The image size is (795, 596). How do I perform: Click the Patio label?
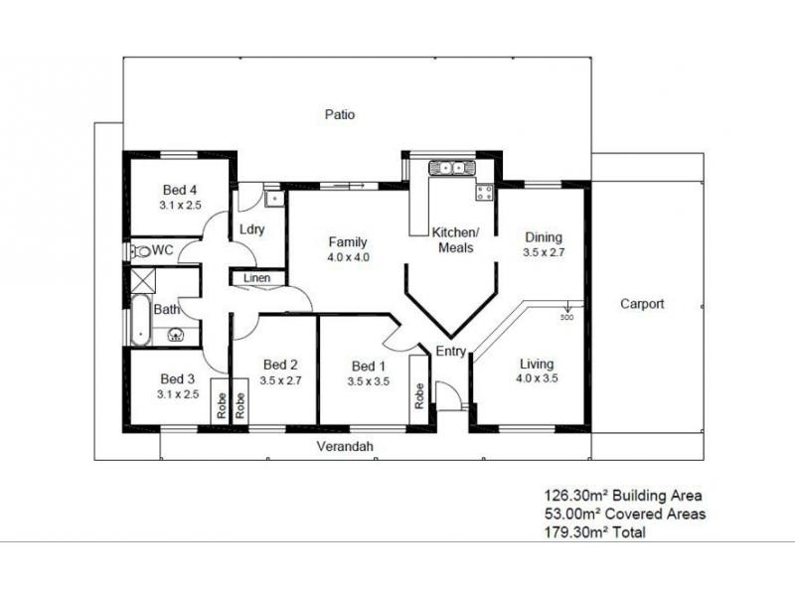[x=340, y=114]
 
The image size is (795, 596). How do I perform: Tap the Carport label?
[x=642, y=304]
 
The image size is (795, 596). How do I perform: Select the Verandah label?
[x=345, y=447]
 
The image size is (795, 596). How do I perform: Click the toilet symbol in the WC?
[x=139, y=251]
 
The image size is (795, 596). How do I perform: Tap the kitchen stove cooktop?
[x=485, y=193]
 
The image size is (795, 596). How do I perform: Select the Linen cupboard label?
[x=256, y=279]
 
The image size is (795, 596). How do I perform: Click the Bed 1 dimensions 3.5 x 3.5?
[x=368, y=380]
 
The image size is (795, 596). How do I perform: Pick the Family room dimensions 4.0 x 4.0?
[x=348, y=257]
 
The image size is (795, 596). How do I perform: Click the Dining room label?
[x=544, y=237]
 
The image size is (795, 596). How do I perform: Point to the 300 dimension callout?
[x=566, y=318]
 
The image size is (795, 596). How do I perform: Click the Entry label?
[x=451, y=352]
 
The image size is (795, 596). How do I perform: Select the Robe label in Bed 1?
[x=420, y=397]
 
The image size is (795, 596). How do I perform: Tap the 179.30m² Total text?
[x=594, y=533]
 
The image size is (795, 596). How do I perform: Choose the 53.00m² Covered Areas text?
[x=624, y=514]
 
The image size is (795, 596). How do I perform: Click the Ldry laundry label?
[x=249, y=229]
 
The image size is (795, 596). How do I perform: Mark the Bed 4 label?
[x=180, y=190]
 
